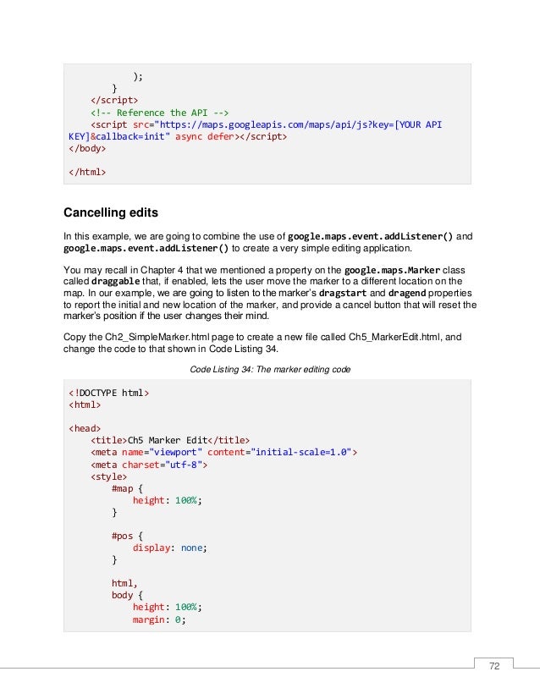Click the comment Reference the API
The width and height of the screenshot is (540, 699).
(x=161, y=112)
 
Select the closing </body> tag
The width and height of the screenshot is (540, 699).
(x=87, y=148)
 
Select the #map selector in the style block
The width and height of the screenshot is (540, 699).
(x=124, y=488)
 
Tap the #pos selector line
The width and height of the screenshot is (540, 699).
(x=124, y=536)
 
